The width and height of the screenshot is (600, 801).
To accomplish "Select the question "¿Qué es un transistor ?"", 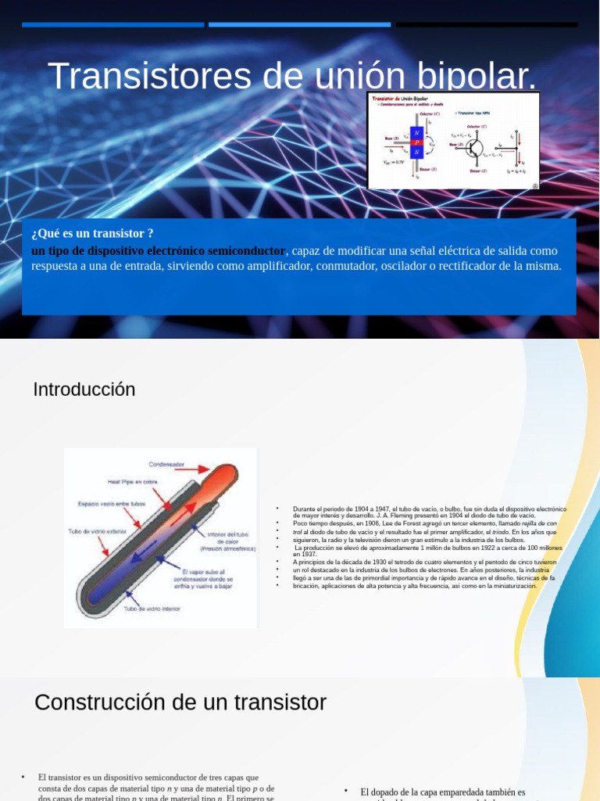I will click(92, 233).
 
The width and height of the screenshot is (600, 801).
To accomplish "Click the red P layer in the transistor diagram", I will click(416, 143).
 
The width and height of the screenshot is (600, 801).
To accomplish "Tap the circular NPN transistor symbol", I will click(475, 148).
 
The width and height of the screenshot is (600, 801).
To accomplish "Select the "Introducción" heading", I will click(84, 390).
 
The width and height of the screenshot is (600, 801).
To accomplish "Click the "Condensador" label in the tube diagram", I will click(166, 464).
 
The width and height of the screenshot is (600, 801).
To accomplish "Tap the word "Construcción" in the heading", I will click(100, 702).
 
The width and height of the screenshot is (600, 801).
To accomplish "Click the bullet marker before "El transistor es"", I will click(23, 777).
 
